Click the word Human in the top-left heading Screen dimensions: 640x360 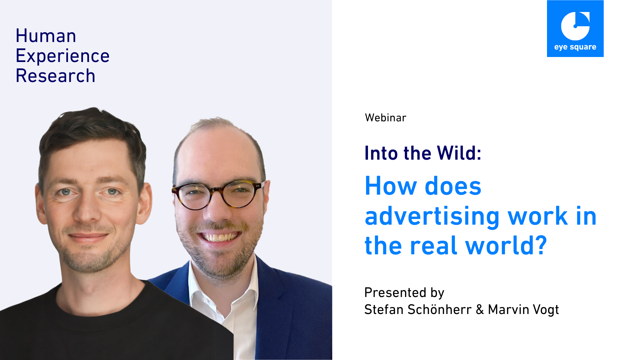[46, 36]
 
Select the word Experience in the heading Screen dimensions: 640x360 [63, 56]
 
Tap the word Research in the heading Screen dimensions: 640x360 [56, 76]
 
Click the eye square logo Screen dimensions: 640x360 [575, 29]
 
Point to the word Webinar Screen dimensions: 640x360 [386, 118]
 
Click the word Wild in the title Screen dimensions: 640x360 [459, 153]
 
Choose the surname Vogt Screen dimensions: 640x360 [546, 310]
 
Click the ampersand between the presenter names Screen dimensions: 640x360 [480, 310]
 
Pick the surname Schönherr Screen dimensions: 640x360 [440, 309]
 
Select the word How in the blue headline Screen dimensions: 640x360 [391, 186]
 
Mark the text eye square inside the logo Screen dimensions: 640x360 [575, 47]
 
